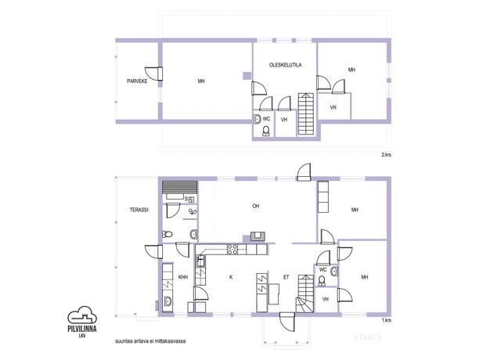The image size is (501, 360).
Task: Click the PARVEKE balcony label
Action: pos(137,81)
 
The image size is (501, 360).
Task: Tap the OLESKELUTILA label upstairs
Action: pos(285,65)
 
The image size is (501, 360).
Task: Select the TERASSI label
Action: pos(139,210)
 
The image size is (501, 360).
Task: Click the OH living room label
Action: pos(256,206)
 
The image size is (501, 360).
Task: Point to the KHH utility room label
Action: pos(182,277)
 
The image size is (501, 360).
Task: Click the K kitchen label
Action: pos(231,277)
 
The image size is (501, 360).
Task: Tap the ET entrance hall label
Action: pos(286,277)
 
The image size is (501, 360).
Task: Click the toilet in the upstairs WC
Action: pos(266,131)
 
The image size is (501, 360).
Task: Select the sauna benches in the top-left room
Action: pos(179,187)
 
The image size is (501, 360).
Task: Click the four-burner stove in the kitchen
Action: pos(232,249)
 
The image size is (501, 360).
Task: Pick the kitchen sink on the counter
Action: pos(200,261)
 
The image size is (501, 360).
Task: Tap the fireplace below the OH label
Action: pos(258,236)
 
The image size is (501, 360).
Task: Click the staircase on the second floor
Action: pos(306,113)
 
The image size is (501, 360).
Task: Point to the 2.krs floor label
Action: pos(386,155)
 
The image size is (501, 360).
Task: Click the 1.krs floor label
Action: pos(386,320)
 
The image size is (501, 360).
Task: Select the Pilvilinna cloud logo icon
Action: pos(82,315)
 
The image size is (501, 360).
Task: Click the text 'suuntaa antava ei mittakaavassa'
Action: pos(150,341)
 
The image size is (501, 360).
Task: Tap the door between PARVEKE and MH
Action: pos(155,74)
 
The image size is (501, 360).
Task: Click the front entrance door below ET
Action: pos(287,321)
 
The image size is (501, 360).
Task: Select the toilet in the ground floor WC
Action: pos(322,280)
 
